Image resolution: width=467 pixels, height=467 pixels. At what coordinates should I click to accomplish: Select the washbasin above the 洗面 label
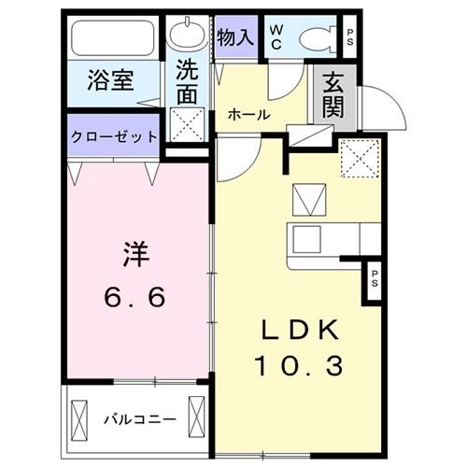(190, 36)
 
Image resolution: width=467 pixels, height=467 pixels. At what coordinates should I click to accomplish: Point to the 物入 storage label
(233, 36)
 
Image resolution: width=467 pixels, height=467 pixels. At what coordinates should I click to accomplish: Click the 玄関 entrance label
(333, 95)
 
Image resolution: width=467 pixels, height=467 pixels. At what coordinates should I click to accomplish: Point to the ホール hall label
(249, 116)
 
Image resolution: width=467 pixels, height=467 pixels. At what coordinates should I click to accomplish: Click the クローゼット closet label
(114, 135)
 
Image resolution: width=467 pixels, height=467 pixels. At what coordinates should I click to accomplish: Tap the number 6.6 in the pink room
(134, 297)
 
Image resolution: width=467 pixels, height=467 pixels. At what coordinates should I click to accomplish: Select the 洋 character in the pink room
(134, 254)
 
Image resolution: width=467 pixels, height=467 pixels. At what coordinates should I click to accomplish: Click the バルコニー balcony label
(130, 418)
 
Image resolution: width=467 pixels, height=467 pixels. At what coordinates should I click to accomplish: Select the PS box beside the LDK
(374, 279)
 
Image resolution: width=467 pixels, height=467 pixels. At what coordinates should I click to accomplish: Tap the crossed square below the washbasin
(190, 122)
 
